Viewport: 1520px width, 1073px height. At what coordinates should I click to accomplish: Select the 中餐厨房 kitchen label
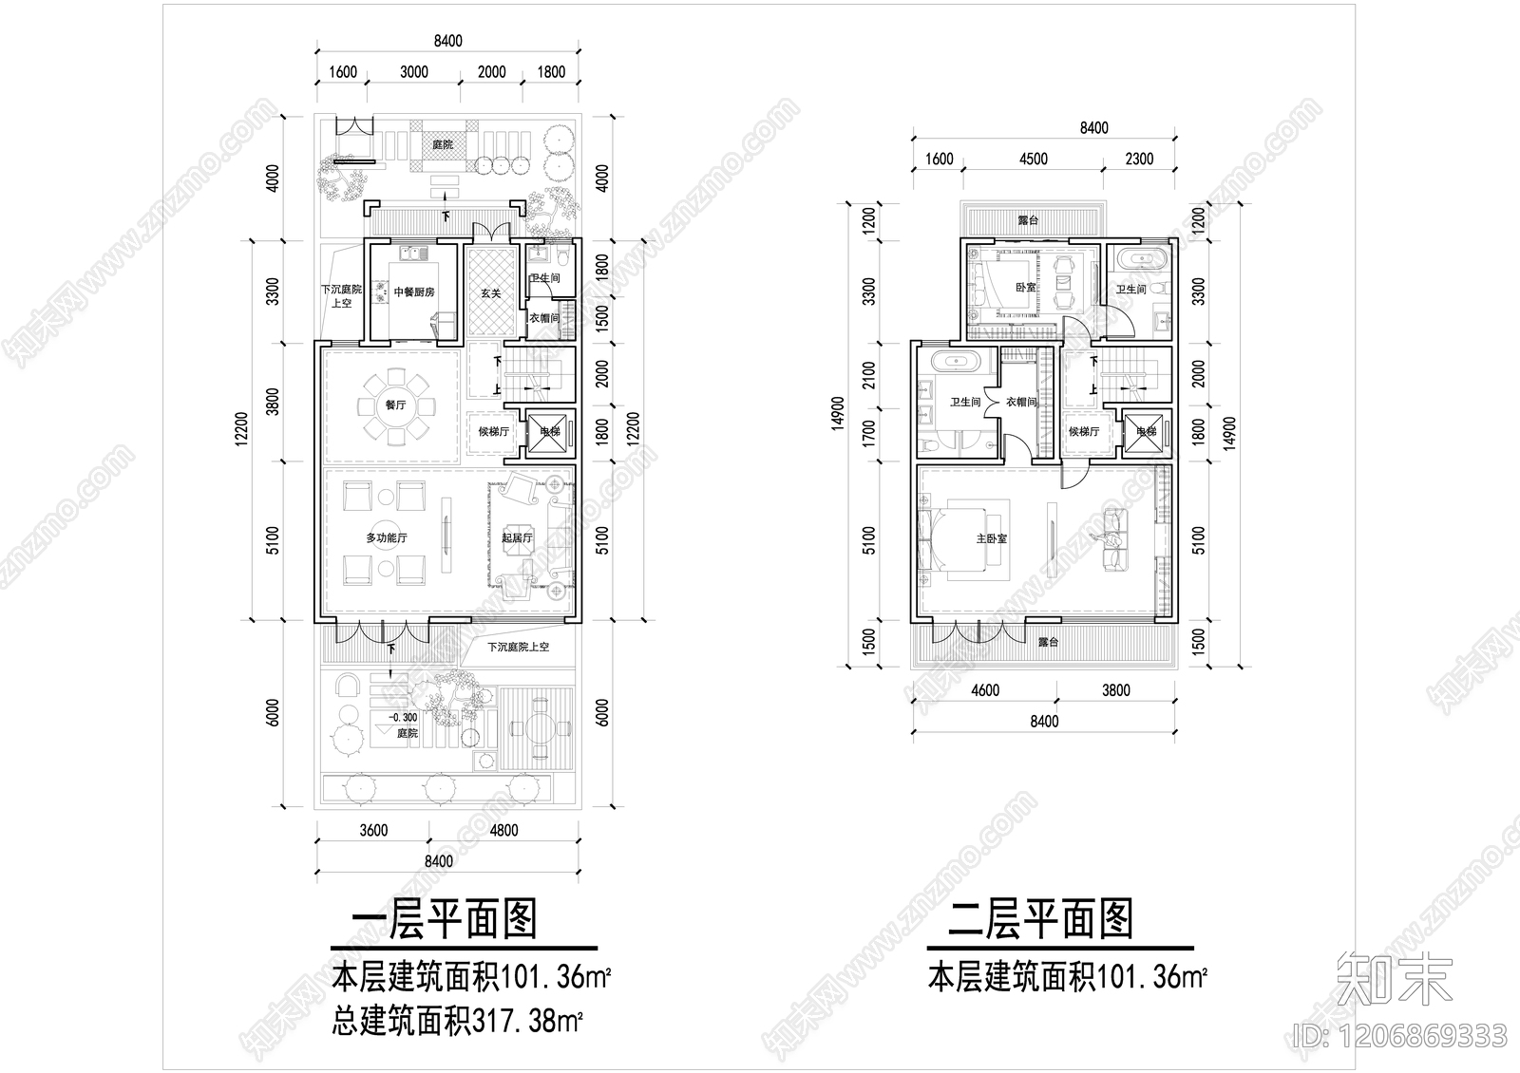click(414, 292)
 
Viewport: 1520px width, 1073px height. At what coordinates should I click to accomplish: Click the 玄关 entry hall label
click(490, 293)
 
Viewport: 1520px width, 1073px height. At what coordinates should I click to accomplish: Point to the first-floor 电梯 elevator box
click(550, 432)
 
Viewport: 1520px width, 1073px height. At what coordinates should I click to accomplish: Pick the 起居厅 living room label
click(517, 538)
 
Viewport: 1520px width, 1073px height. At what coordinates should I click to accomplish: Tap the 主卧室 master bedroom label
click(991, 538)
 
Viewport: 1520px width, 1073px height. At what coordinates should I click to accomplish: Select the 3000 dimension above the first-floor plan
click(414, 72)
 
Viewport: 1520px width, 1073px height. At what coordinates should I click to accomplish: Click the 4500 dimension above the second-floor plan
click(1033, 160)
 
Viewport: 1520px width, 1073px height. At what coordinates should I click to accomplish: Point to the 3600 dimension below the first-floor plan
click(372, 831)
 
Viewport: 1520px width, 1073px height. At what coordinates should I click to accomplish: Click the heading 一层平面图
click(445, 919)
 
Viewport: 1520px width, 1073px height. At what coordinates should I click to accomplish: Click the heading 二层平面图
click(1041, 919)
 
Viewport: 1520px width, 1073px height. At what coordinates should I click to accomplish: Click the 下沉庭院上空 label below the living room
click(518, 648)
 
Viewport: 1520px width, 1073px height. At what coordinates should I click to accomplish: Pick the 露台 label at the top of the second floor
click(1027, 220)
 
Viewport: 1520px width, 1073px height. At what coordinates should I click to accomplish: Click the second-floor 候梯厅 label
click(1082, 431)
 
